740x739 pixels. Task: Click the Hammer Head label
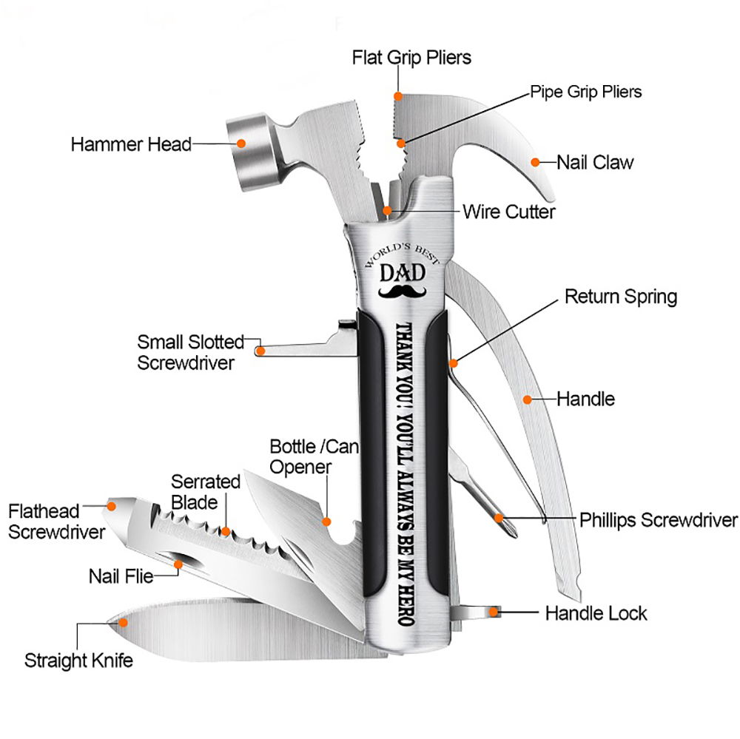tap(131, 144)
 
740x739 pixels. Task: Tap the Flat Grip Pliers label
tap(411, 57)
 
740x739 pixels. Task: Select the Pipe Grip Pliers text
tap(585, 92)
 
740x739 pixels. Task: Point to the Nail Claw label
tap(595, 162)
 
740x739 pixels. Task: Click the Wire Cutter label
tap(508, 212)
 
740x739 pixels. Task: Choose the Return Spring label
tap(620, 297)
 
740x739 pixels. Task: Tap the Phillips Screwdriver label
tap(659, 519)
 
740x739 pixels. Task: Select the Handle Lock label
tap(596, 613)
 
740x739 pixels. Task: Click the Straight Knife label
tap(78, 660)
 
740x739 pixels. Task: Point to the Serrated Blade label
tap(206, 492)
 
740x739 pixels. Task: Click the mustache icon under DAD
tap(403, 293)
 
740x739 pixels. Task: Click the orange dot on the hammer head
tap(240, 144)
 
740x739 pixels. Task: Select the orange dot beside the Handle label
tap(527, 399)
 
